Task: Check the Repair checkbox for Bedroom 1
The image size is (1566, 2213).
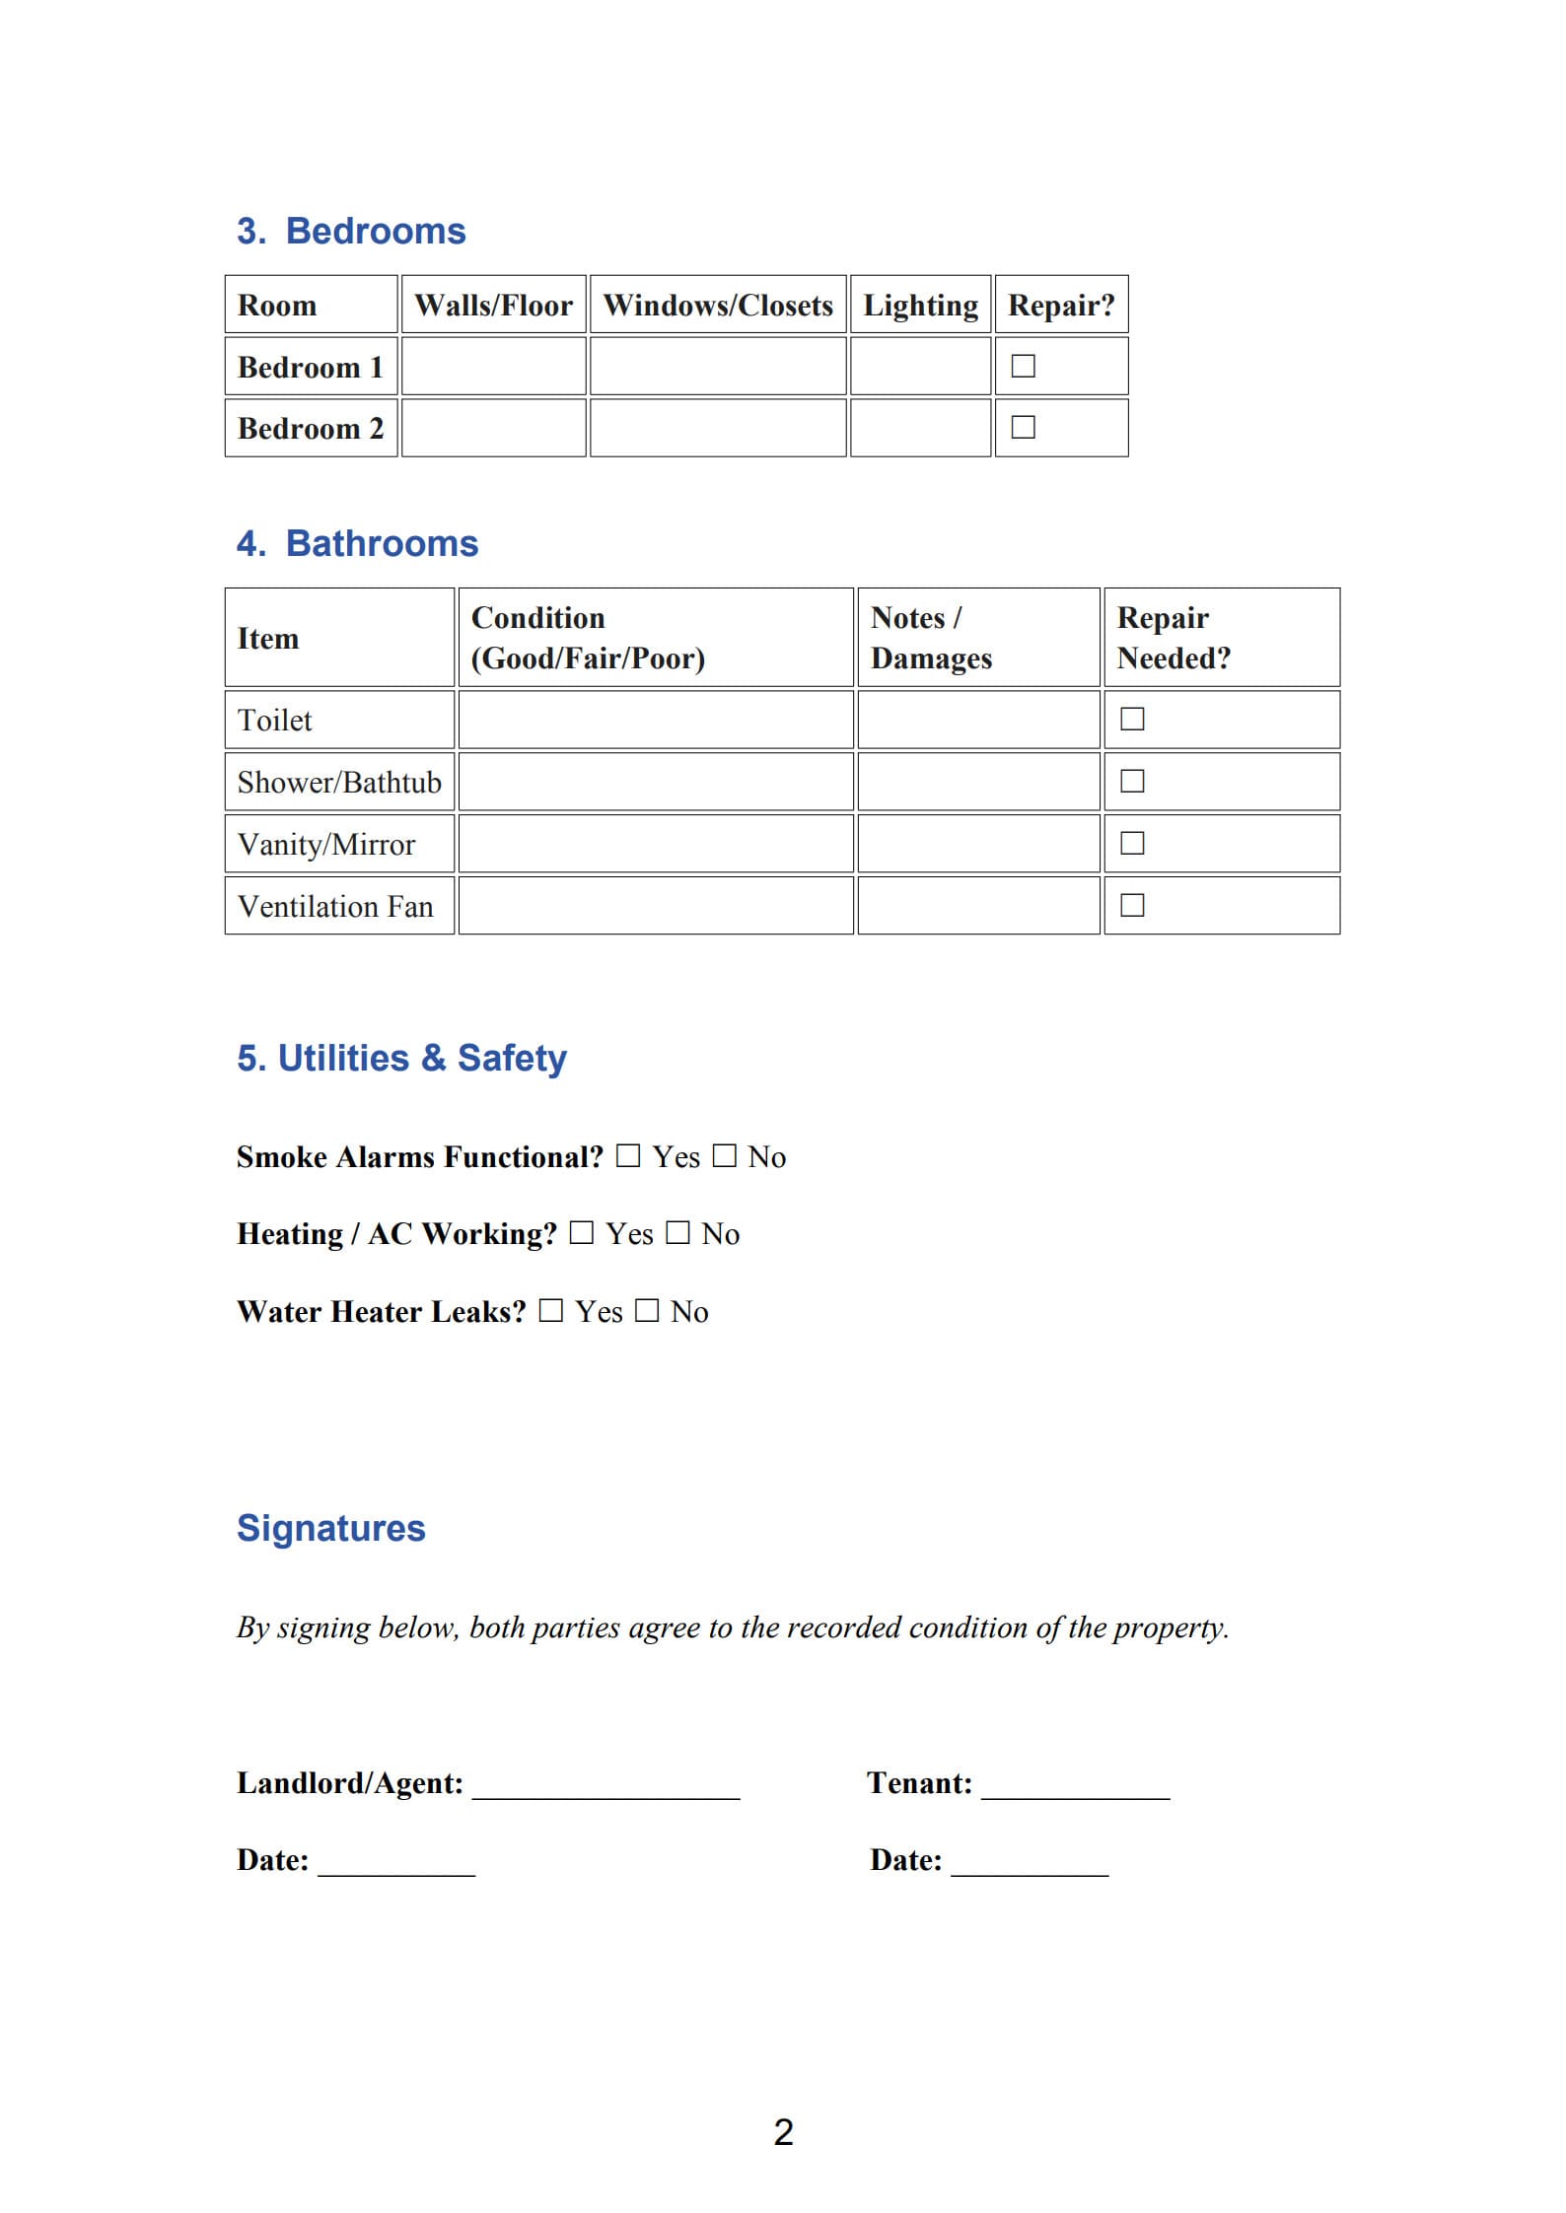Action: point(1024,366)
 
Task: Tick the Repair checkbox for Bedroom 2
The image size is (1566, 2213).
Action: point(1024,427)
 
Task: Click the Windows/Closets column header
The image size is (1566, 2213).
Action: point(718,305)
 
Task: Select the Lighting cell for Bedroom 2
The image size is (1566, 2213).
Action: point(920,428)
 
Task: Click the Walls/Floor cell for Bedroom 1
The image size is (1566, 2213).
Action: point(493,367)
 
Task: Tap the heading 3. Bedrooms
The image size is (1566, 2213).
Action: point(351,231)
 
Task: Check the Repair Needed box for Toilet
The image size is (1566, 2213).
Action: point(1132,719)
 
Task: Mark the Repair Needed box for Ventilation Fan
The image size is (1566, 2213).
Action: point(1132,905)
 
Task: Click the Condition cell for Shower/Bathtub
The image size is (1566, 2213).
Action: point(655,782)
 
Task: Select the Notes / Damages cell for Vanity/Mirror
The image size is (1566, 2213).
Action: point(978,844)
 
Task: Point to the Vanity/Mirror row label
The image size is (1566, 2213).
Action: point(326,845)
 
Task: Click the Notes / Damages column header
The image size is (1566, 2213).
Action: point(931,638)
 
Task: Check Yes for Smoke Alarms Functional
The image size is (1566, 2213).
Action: point(628,1155)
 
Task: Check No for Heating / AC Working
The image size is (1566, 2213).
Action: point(677,1232)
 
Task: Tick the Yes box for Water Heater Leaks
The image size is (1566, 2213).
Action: point(551,1310)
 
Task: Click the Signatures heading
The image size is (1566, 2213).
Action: point(331,1528)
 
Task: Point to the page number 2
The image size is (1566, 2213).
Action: point(783,2131)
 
